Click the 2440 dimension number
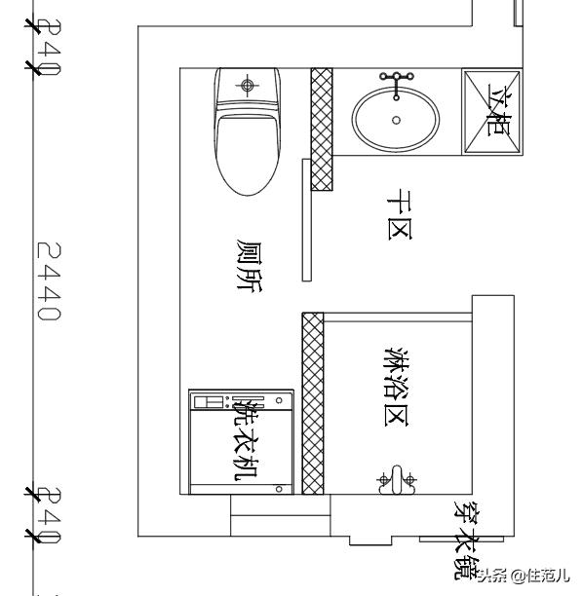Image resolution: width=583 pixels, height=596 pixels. (49, 281)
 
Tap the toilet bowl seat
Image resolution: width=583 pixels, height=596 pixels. (248, 155)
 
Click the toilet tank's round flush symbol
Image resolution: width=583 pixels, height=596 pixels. (248, 85)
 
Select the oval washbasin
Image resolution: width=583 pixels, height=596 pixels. (396, 120)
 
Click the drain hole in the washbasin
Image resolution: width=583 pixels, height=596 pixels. (396, 120)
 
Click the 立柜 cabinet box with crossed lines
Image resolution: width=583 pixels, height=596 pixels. (492, 112)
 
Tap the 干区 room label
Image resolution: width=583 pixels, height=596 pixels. (400, 215)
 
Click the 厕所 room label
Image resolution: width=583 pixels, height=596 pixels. (250, 266)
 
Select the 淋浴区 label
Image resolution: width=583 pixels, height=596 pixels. (397, 386)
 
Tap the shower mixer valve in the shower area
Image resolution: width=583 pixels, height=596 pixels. (397, 480)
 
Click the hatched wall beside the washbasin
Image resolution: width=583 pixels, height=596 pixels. (322, 130)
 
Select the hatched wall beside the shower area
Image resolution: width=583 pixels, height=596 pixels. (313, 404)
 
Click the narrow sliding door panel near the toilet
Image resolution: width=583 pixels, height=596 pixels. (307, 220)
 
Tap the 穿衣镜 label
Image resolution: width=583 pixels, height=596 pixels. (467, 540)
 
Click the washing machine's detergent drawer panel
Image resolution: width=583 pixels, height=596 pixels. (209, 402)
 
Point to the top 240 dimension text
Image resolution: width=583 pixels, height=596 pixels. (49, 48)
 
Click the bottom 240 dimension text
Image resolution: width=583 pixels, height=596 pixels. (49, 516)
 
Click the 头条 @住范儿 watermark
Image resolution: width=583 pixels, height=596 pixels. (524, 576)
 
